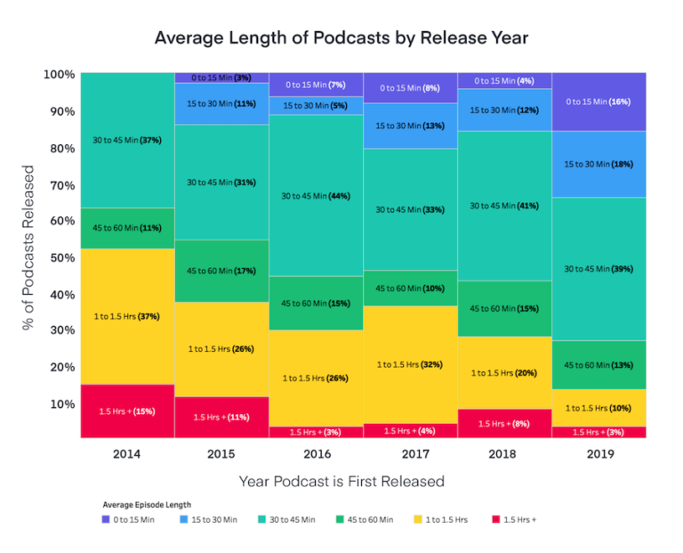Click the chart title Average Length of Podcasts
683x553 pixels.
[341, 38]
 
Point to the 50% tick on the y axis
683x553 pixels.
[59, 257]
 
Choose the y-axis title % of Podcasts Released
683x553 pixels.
[28, 248]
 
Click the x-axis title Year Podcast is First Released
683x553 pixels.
[341, 482]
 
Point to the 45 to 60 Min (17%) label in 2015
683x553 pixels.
[222, 271]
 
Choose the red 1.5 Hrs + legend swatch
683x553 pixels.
[495, 519]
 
